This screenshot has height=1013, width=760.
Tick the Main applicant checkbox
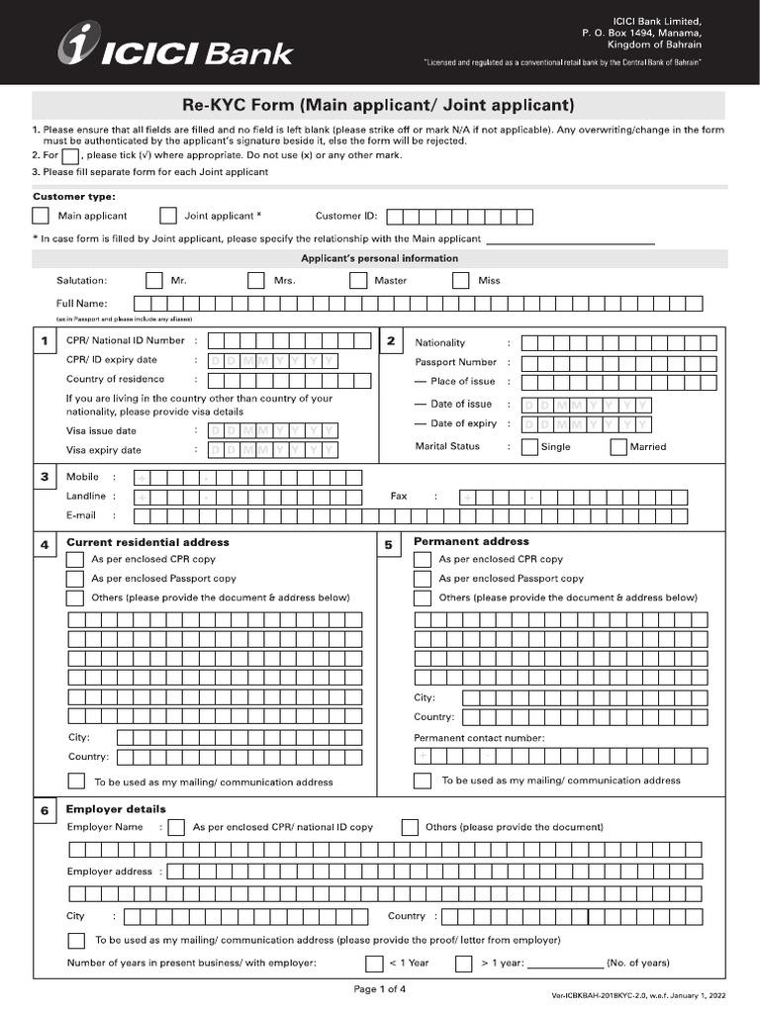click(41, 216)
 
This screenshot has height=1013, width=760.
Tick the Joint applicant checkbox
click(168, 216)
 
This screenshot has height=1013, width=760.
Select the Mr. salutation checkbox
click(153, 281)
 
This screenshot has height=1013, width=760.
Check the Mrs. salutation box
click(256, 281)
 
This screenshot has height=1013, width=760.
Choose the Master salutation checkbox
click(358, 281)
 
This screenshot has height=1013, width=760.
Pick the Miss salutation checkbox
click(460, 281)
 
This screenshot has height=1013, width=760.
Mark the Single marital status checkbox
click(529, 446)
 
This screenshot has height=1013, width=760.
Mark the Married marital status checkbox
click(618, 446)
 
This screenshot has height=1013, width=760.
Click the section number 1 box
click(45, 342)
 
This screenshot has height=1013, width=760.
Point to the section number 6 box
click(45, 811)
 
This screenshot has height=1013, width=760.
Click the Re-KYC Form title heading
click(379, 105)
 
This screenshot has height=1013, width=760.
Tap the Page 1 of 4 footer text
click(380, 988)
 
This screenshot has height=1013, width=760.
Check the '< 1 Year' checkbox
click(374, 964)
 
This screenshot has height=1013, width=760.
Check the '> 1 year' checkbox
click(463, 964)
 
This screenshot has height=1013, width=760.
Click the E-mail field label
click(81, 515)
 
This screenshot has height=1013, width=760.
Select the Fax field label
click(399, 497)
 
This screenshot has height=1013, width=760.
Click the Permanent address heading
click(471, 542)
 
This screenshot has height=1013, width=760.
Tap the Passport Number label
click(455, 362)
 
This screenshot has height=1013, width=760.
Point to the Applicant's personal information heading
click(379, 258)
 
